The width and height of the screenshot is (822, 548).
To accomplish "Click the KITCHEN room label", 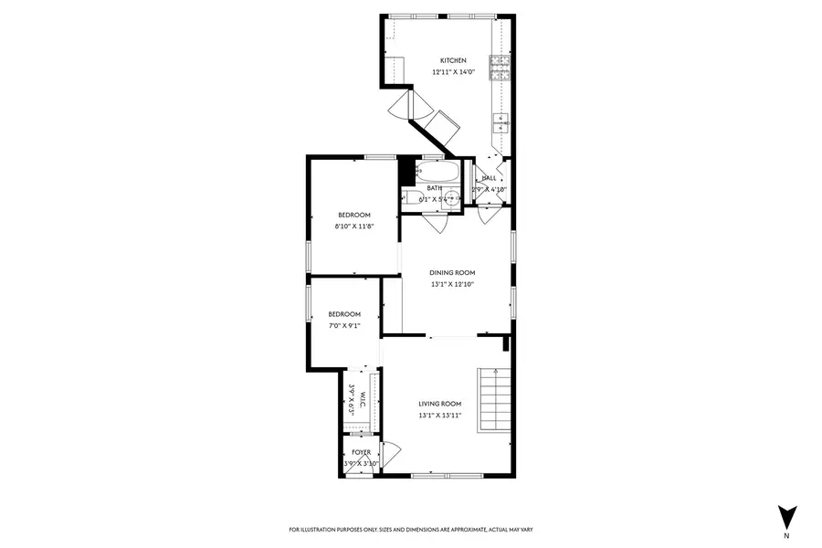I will [x=454, y=60].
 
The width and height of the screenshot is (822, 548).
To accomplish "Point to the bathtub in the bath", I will [x=434, y=173].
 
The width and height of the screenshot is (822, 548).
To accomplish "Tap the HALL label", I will [x=489, y=178].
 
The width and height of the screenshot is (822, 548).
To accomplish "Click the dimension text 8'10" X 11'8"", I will [x=355, y=226].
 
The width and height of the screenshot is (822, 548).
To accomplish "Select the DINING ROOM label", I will [x=453, y=272].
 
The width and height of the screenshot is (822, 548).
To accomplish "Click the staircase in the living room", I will [x=493, y=398].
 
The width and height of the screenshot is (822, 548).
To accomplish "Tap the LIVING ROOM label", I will [x=440, y=404].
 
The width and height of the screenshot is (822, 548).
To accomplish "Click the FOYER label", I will [x=362, y=452].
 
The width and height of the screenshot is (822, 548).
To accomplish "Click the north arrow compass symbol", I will [x=783, y=513].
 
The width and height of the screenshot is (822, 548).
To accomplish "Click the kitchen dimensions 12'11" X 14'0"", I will [x=454, y=71].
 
